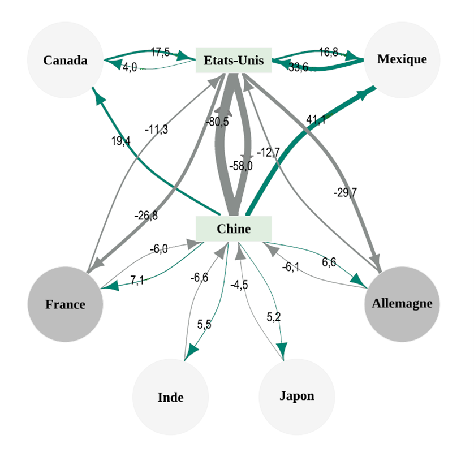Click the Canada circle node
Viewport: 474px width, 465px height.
pos(65,60)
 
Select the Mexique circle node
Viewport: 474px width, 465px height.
pos(402,59)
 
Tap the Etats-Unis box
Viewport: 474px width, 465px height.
pos(234,60)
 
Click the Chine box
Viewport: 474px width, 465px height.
pos(234,229)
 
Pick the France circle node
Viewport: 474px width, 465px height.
pos(65,304)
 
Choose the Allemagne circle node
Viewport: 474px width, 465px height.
pos(402,303)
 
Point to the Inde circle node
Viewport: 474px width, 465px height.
pos(170,397)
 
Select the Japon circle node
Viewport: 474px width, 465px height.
pos(296,395)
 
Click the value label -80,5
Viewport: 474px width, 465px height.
pos(217,121)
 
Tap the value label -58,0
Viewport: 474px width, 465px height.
pos(240,166)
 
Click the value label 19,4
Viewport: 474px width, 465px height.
pos(120,141)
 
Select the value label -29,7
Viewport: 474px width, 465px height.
pos(345,192)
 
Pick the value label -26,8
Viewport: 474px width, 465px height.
pos(146,216)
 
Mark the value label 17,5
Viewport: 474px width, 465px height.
pos(160,53)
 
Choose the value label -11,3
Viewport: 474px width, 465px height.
pos(156,130)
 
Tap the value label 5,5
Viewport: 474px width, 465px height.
pos(204,324)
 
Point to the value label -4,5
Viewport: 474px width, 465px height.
pos(239,285)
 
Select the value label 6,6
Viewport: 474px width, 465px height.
pos(329,262)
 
